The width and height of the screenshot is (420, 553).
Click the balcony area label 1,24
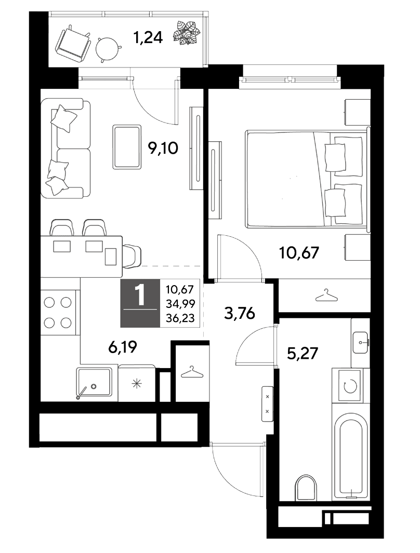click(x=148, y=37)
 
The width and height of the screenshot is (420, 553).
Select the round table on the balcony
click(x=107, y=49)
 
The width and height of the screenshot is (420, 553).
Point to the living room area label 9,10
click(x=163, y=148)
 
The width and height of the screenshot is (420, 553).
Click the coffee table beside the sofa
click(x=127, y=147)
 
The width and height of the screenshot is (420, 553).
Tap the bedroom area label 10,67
click(x=299, y=252)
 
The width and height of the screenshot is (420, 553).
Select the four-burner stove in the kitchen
click(x=58, y=313)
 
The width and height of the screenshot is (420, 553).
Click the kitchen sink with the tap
click(x=94, y=384)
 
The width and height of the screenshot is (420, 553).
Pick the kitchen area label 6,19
click(x=123, y=347)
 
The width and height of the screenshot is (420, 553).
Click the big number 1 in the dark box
click(x=140, y=295)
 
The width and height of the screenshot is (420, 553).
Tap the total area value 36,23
click(x=180, y=318)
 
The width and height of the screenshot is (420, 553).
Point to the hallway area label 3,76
click(x=240, y=313)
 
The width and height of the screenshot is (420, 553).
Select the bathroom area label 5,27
click(x=303, y=353)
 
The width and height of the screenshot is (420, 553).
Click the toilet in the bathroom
click(x=306, y=488)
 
